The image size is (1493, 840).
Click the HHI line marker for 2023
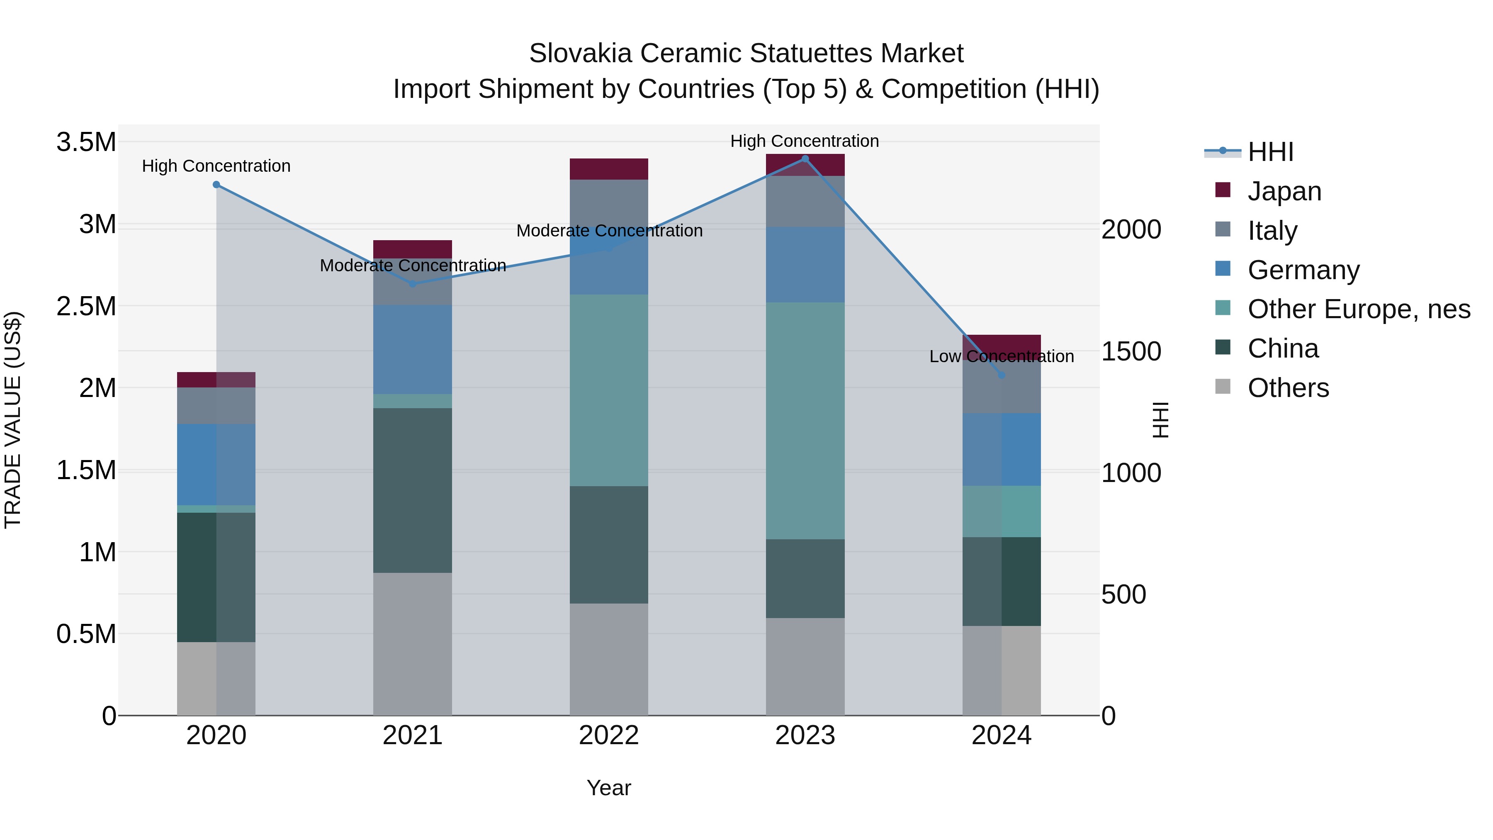coord(805,159)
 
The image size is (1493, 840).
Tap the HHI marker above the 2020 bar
coord(216,184)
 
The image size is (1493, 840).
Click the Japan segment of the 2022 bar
coord(608,169)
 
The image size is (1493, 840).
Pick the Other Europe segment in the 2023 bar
coord(805,420)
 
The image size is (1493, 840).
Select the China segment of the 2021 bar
coord(412,490)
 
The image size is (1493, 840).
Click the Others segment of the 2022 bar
coord(608,659)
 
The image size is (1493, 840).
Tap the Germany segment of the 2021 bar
coord(412,350)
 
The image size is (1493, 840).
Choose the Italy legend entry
coord(1272,231)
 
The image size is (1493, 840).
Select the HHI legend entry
coord(1270,152)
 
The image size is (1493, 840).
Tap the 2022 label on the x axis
coord(608,735)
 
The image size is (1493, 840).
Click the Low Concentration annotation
coord(1002,356)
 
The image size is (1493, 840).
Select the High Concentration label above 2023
coord(805,141)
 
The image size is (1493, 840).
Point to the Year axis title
coord(608,788)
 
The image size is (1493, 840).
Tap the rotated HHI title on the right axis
coord(1160,420)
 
